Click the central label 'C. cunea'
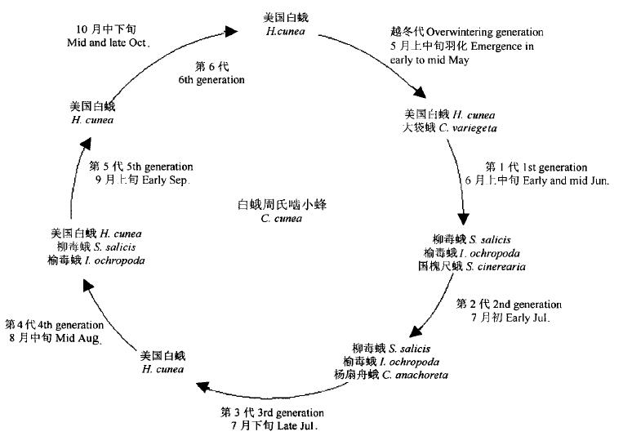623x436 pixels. pyautogui.click(x=277, y=218)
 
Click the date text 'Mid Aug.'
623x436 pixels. pyautogui.click(x=73, y=337)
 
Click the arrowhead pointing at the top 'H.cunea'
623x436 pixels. pyautogui.click(x=231, y=31)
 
